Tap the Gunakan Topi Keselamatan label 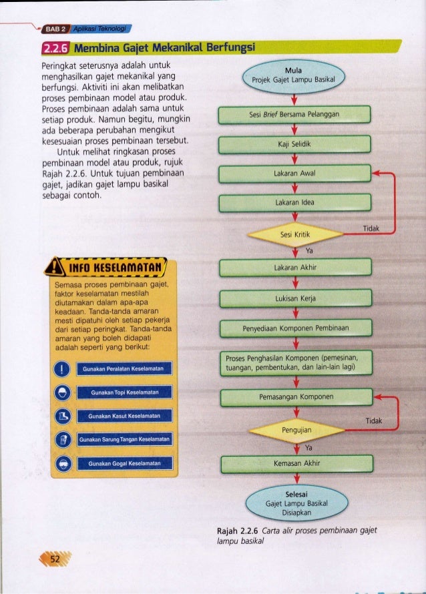tap(124, 392)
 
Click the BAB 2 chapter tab tap(55, 29)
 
